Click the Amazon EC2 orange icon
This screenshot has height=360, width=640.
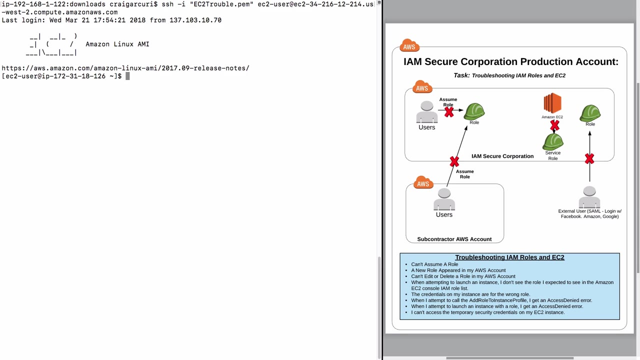pyautogui.click(x=552, y=103)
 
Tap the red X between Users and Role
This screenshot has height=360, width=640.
pyautogui.click(x=448, y=112)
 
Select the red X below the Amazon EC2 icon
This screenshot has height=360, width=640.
pyautogui.click(x=554, y=125)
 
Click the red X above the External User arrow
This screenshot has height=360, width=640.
pyautogui.click(x=589, y=159)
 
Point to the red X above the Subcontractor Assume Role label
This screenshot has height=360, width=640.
pyautogui.click(x=454, y=161)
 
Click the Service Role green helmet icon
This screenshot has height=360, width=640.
pyautogui.click(x=553, y=141)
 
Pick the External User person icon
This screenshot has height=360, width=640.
pyautogui.click(x=589, y=197)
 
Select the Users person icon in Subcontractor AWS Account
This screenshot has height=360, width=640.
pyautogui.click(x=444, y=199)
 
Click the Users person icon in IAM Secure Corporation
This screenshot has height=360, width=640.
pyautogui.click(x=426, y=112)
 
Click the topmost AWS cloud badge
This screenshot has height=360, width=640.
pyautogui.click(x=409, y=46)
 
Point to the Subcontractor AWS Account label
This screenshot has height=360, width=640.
pyautogui.click(x=454, y=239)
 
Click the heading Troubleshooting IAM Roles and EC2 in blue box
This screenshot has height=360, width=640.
pyautogui.click(x=509, y=257)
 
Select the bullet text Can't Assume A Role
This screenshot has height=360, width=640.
pyautogui.click(x=434, y=264)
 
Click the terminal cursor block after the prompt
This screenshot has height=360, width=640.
pyautogui.click(x=127, y=76)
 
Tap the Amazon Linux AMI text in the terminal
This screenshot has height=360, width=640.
pyautogui.click(x=117, y=44)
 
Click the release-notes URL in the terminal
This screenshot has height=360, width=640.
pyautogui.click(x=125, y=68)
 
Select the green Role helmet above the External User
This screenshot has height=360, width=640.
pyautogui.click(x=590, y=113)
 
